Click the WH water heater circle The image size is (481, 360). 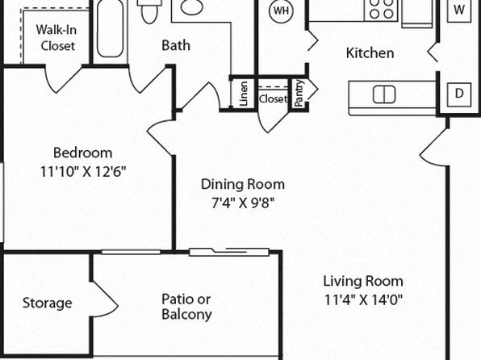tap(281, 10)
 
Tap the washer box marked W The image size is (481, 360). tap(459, 10)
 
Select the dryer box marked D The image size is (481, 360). tap(459, 94)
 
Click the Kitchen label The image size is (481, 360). tap(370, 53)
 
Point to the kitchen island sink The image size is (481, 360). tap(384, 94)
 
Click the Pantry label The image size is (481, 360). tap(299, 94)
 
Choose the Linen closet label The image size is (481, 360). tap(243, 94)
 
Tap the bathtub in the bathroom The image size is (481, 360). tap(110, 28)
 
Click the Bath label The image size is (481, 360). tap(176, 45)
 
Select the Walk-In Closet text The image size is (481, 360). tap(56, 38)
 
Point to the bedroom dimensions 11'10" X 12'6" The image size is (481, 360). tap(83, 172)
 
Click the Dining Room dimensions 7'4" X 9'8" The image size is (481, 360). tap(243, 203)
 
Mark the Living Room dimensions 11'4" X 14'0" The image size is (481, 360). tap(363, 299)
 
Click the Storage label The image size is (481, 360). tap(48, 303)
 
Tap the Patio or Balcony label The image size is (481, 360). tap(186, 307)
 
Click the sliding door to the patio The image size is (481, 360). tap(229, 252)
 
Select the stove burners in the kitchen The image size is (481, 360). tap(381, 9)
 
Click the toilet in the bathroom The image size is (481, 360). tap(149, 11)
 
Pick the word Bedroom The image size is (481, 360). tap(83, 153)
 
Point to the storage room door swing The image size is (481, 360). tap(105, 299)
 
